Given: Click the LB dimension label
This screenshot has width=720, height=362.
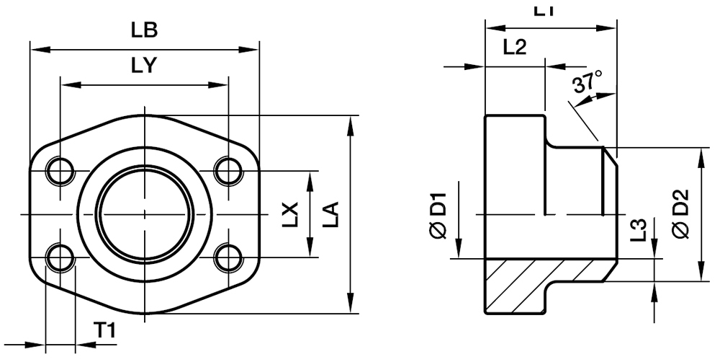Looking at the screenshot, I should click(x=144, y=31).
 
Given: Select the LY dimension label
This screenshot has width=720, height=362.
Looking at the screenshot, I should click(x=144, y=66).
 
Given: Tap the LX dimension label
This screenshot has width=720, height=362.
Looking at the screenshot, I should click(x=289, y=215).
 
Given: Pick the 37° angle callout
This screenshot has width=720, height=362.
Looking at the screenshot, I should click(x=588, y=82).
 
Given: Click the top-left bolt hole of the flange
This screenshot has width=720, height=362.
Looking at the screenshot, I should click(x=59, y=171).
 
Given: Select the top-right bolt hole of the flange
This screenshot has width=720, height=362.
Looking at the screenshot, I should click(x=228, y=171).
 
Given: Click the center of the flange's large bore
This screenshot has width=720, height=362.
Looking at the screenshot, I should click(x=144, y=215).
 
